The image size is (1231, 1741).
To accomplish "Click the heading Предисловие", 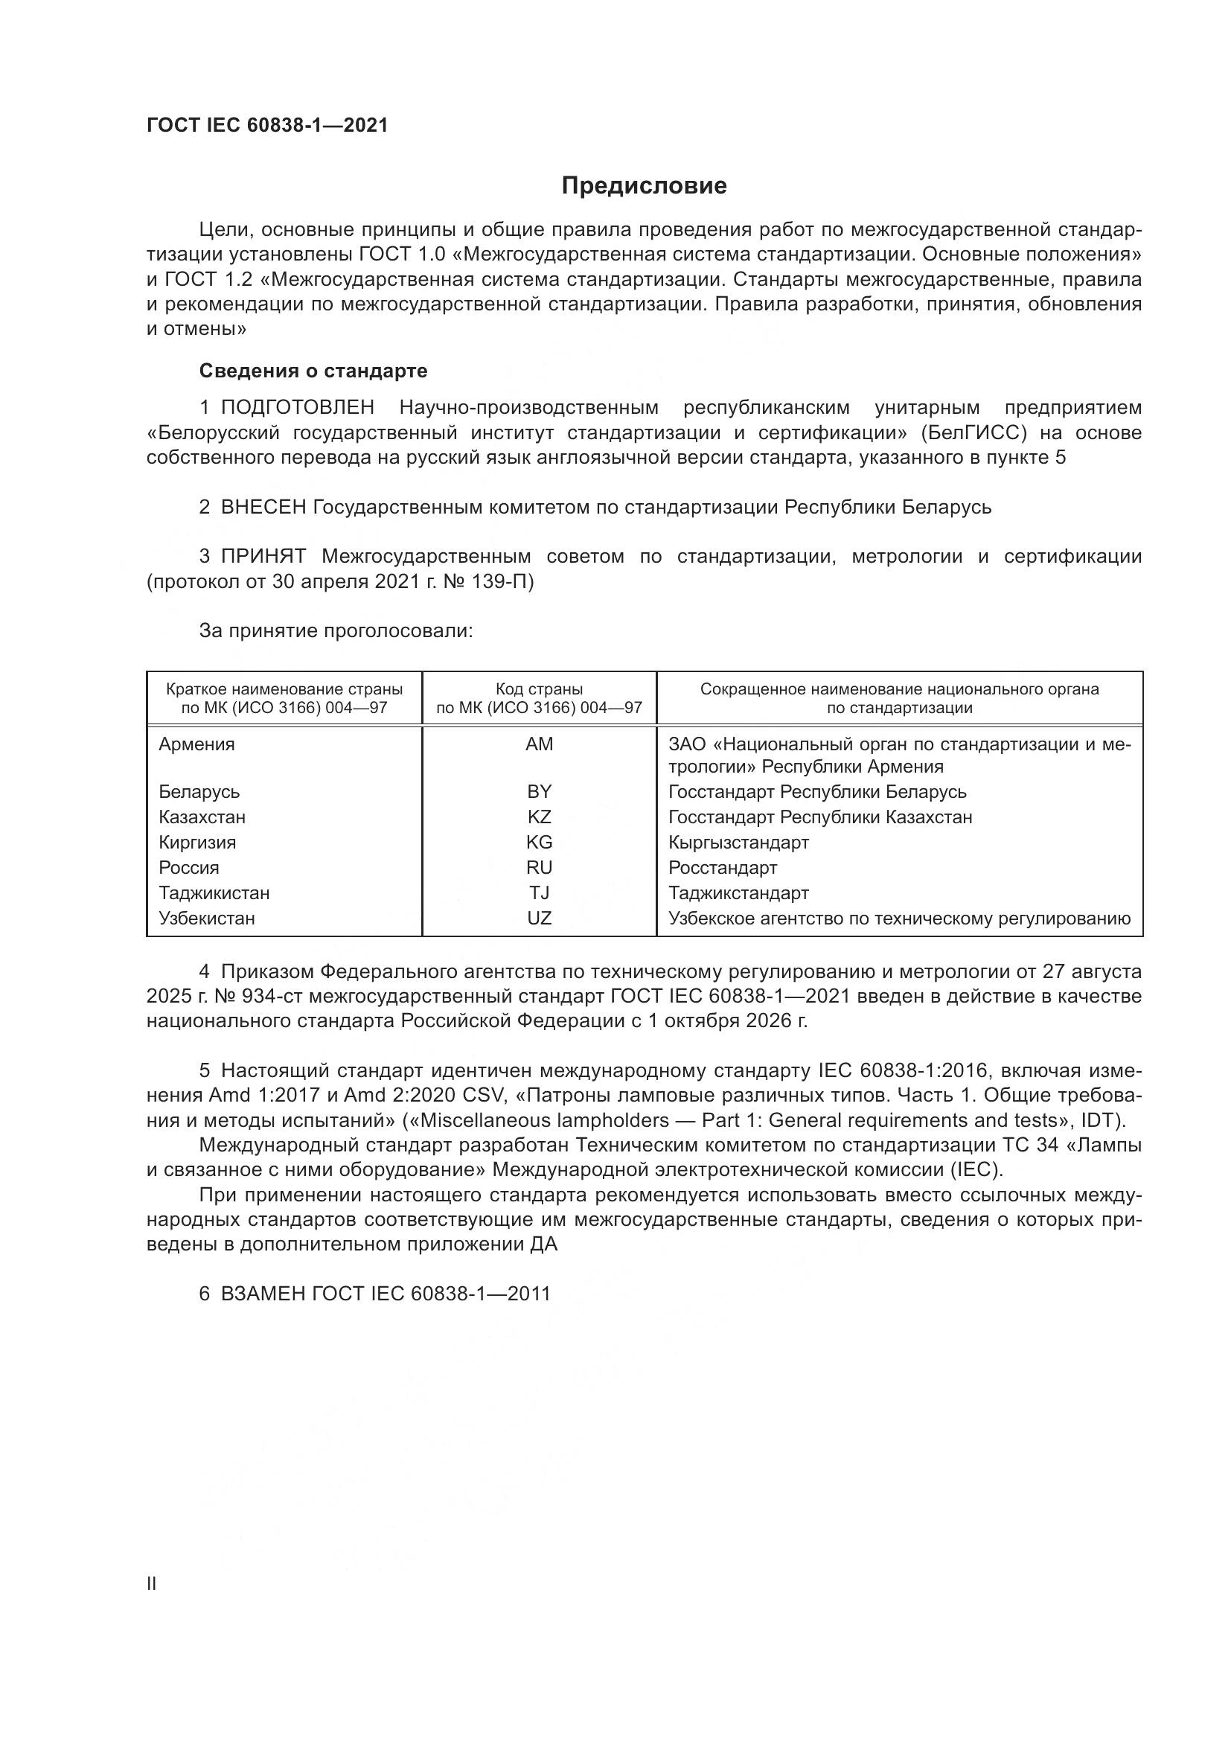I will click(x=644, y=186).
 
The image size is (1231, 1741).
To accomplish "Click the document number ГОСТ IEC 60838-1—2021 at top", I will click(x=267, y=126).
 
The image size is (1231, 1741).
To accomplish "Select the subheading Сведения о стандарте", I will click(x=313, y=371).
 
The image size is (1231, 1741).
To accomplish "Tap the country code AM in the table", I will click(x=539, y=744).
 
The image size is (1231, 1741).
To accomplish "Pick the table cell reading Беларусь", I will click(x=199, y=792).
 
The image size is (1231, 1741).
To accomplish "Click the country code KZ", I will click(x=539, y=817).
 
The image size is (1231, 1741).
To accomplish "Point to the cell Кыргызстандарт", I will click(x=738, y=843).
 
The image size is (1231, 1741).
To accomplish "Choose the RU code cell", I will click(x=539, y=867).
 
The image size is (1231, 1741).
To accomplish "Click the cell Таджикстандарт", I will click(x=738, y=893).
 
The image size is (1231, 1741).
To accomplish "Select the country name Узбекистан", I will click(x=206, y=919).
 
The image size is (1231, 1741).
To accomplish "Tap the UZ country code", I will click(x=539, y=919).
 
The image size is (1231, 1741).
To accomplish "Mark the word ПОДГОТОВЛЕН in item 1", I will click(x=297, y=408).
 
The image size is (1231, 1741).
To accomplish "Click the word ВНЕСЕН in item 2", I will click(x=263, y=508).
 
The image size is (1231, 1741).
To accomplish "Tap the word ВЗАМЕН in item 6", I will click(x=263, y=1294).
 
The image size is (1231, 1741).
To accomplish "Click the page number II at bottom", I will click(x=152, y=1584).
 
